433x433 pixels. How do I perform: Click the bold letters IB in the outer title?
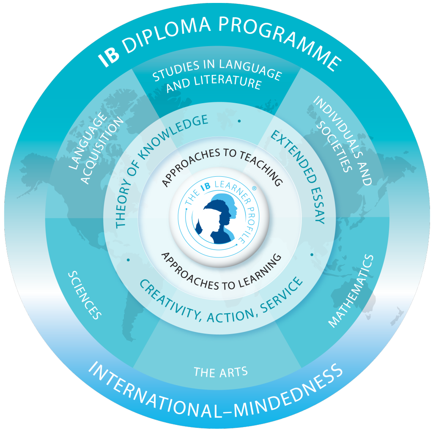pos(109,57)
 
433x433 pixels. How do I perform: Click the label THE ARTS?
pos(221,372)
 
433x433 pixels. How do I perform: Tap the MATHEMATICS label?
pos(351,291)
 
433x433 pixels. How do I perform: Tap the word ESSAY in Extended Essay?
pos(318,206)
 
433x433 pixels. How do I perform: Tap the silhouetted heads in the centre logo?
pos(218,219)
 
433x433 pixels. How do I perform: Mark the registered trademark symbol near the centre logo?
pos(254,188)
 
